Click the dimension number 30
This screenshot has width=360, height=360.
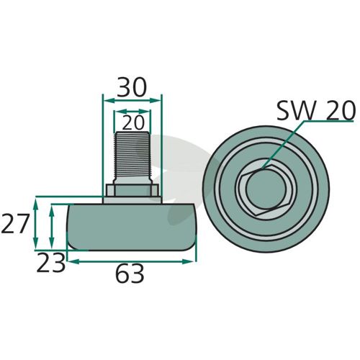(132, 87)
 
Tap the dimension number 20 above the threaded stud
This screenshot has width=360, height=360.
(133, 122)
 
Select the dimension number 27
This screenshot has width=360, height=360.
(15, 224)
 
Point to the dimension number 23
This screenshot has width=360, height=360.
(50, 263)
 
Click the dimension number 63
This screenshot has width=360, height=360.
(130, 274)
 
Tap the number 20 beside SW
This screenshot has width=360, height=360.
(341, 110)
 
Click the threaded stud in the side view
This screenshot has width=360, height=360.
(132, 157)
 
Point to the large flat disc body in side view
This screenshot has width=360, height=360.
(131, 227)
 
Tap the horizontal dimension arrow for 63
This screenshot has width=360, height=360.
(131, 261)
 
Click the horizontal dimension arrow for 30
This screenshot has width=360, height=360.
(132, 101)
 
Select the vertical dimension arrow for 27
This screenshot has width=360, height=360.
(35, 223)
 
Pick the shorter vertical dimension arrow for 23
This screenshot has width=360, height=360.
(51, 227)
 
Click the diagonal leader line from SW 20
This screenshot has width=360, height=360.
(283, 145)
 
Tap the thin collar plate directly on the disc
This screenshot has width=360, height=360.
(132, 200)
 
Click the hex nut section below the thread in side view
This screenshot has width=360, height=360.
(132, 190)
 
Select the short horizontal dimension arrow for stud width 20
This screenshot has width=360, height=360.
(132, 112)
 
